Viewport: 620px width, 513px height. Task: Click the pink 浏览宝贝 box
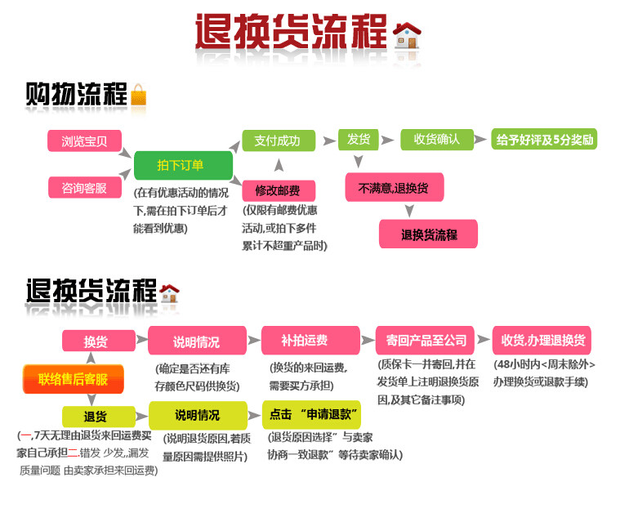tap(84, 141)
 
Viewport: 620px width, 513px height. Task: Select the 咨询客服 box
tap(84, 187)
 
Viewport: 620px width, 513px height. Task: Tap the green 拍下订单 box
tap(181, 165)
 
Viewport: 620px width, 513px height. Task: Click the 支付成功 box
tap(278, 141)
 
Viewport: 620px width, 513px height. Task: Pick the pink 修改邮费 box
tap(278, 190)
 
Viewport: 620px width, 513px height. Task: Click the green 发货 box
tap(359, 140)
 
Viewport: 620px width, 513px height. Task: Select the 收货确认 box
tap(436, 140)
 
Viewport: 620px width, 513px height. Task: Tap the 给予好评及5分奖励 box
tap(544, 140)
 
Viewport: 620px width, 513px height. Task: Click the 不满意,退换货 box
tap(394, 188)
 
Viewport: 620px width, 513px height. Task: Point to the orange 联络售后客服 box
tap(73, 378)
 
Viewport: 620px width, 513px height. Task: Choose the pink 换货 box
tap(96, 341)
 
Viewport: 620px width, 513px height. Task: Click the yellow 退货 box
tap(96, 416)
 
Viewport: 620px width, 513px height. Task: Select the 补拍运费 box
tap(310, 341)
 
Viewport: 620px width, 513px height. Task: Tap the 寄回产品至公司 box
tap(426, 341)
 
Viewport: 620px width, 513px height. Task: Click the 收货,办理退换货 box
tap(541, 341)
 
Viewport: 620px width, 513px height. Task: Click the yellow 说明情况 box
tap(197, 415)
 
